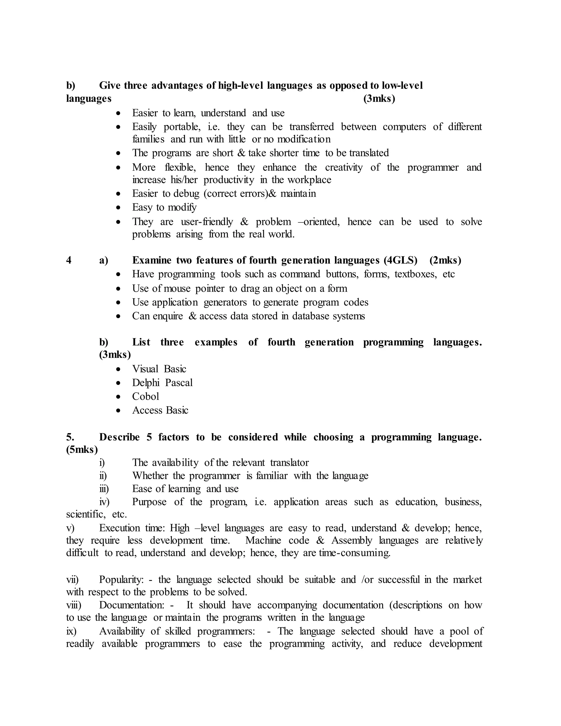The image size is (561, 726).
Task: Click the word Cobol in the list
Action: [x=145, y=397]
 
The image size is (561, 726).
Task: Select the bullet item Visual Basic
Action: [x=159, y=369]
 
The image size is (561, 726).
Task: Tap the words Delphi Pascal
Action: [x=162, y=383]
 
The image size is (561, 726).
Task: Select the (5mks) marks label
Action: [x=82, y=450]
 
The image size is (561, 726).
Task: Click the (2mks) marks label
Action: [x=445, y=260]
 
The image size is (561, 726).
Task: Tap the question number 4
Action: [x=69, y=260]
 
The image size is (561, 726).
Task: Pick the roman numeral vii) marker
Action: [x=72, y=580]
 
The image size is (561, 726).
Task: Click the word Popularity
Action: [x=121, y=580]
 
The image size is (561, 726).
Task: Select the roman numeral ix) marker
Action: [x=71, y=631]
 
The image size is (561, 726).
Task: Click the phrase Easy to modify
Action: [x=164, y=207]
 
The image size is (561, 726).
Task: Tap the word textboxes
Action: [x=416, y=274]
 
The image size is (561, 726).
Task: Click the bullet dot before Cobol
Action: [x=118, y=397]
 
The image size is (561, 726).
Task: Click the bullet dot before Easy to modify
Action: [x=118, y=208]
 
